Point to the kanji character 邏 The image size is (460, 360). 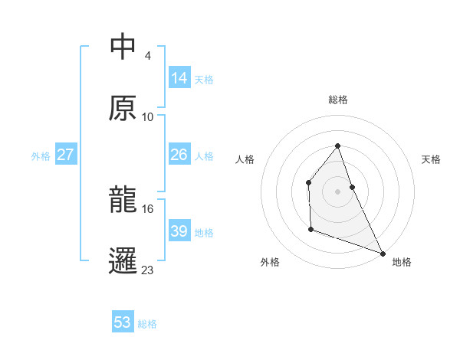(123, 260)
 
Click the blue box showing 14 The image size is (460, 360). (179, 78)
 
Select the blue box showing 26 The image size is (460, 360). (179, 155)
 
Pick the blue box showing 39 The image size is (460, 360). (179, 231)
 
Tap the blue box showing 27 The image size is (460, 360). (66, 155)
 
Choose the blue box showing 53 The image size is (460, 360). (123, 322)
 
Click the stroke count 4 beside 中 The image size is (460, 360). (147, 56)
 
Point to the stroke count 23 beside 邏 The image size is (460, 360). (148, 270)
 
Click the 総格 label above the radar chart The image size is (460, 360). (337, 100)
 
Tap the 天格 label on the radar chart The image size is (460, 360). (431, 159)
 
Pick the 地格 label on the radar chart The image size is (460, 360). (402, 262)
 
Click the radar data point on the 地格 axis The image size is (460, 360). (382, 253)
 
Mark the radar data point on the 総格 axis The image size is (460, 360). (337, 146)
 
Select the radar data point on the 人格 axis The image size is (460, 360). (308, 182)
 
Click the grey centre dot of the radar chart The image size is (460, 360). (337, 191)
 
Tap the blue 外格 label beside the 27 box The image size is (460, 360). (41, 155)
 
